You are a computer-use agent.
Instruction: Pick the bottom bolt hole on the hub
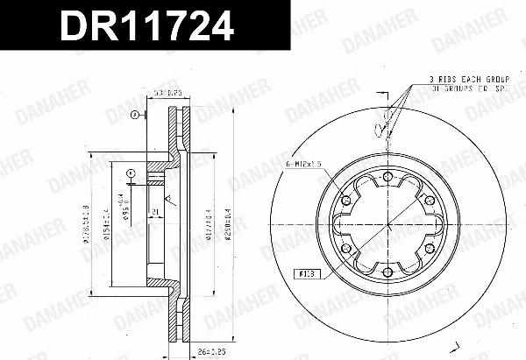[x=387, y=267]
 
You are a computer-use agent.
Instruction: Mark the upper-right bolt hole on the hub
[x=426, y=201]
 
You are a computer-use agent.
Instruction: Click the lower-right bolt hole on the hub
[x=426, y=245]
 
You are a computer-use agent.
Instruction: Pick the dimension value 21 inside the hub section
[x=153, y=212]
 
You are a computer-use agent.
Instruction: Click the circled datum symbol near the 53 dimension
[x=133, y=115]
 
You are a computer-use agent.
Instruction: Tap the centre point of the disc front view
[x=387, y=222]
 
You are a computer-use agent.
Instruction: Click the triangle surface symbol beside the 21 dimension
[x=168, y=203]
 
